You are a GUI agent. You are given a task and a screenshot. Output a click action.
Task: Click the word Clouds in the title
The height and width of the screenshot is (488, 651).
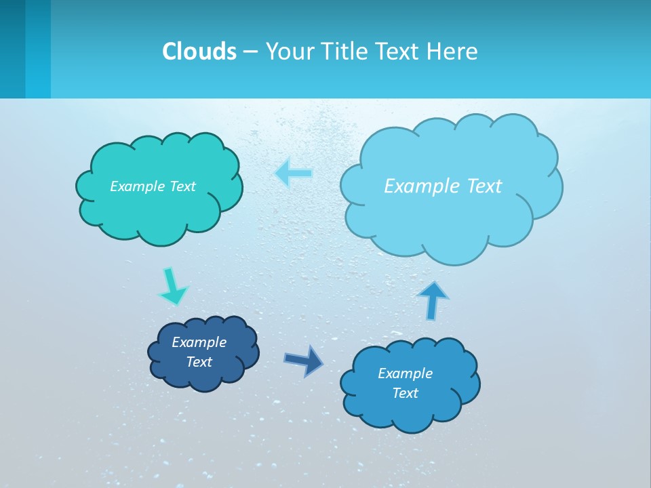pyautogui.click(x=199, y=51)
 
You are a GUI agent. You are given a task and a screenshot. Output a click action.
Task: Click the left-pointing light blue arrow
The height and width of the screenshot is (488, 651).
pyautogui.click(x=294, y=174)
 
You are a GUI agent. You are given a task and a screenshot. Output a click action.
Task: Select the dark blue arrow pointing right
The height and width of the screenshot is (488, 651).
pyautogui.click(x=304, y=360)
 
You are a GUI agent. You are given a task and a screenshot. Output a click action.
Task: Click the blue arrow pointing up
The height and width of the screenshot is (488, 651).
pyautogui.click(x=432, y=300)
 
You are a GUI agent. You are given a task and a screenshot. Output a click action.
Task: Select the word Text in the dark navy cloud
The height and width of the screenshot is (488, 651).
pyautogui.click(x=199, y=362)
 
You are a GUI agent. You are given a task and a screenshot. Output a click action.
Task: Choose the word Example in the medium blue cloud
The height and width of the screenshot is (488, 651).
pyautogui.click(x=405, y=373)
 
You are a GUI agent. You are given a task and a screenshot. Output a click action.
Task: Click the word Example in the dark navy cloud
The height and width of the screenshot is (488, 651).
pyautogui.click(x=199, y=342)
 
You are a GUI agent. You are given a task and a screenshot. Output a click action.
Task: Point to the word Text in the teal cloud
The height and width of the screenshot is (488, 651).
pyautogui.click(x=182, y=186)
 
